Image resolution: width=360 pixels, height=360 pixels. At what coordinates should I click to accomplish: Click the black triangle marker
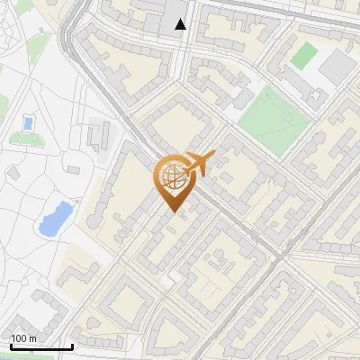tap(181, 24)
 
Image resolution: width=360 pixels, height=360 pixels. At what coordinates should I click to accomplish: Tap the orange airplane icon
tap(195, 165)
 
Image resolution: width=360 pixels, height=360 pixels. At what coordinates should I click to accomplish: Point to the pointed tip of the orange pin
tap(171, 212)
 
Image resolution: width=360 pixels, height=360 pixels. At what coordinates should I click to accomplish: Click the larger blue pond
tap(56, 218)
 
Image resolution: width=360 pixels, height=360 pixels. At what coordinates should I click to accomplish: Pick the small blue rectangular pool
tap(28, 122)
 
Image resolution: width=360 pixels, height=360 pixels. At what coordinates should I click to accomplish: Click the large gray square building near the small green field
tap(338, 65)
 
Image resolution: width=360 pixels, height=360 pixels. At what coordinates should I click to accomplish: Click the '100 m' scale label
tap(23, 338)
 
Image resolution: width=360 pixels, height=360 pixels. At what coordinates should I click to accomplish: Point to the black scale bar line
tap(41, 346)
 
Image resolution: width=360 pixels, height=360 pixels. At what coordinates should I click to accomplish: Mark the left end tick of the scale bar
tap(11, 345)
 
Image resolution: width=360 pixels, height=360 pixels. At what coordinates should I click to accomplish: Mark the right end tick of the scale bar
tap(72, 345)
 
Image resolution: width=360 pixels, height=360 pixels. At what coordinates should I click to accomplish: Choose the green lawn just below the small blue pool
tap(29, 140)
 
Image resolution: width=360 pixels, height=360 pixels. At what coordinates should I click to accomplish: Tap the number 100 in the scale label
tap(19, 338)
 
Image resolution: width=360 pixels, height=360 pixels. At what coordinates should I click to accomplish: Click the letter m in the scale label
tap(32, 338)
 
